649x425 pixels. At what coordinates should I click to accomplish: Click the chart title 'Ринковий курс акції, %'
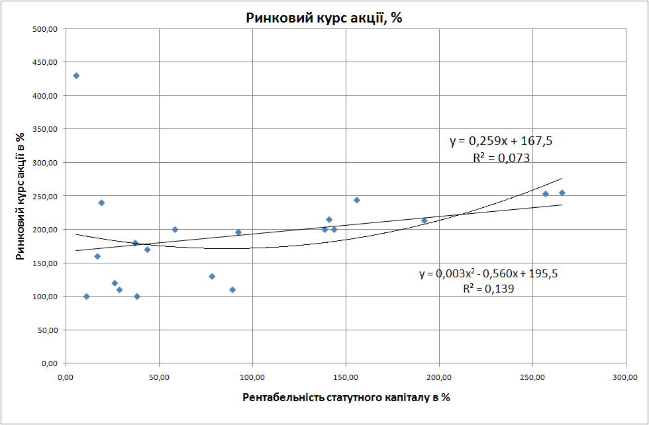pos(324,18)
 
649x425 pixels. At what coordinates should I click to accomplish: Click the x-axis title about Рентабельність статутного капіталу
pos(346,397)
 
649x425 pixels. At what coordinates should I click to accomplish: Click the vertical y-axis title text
pos(22,196)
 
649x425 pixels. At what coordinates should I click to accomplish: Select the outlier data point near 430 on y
pos(76,75)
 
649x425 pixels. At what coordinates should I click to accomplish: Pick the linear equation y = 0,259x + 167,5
pos(501,141)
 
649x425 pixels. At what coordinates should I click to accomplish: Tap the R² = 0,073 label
pos(501,158)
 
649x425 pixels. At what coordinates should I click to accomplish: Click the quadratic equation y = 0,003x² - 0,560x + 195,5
pos(488,273)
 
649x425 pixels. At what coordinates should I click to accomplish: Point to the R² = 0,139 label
pos(489,289)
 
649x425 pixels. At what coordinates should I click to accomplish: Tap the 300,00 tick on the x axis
pos(626,377)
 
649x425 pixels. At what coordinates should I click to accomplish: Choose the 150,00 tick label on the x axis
pos(346,377)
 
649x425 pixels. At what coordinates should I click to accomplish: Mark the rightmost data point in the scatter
pos(562,193)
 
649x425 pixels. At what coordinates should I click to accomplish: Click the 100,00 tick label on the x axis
pos(252,377)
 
